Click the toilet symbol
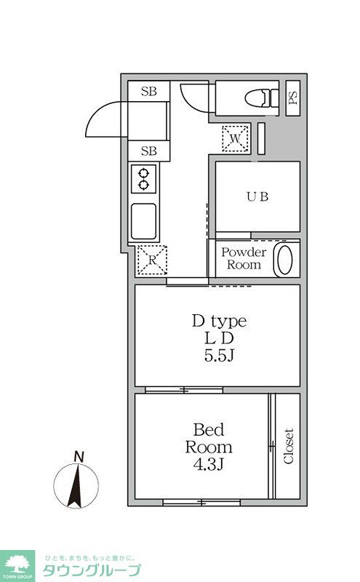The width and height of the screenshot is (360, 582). [262, 98]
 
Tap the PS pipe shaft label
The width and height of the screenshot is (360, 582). [293, 97]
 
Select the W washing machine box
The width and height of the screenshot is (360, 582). [236, 138]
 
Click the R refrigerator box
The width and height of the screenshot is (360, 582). [152, 260]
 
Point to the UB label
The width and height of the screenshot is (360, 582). [257, 196]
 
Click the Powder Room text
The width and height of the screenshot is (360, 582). [244, 258]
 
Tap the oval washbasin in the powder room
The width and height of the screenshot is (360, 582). [285, 260]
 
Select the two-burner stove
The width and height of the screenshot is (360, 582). [143, 179]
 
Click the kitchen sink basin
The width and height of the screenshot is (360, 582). [143, 221]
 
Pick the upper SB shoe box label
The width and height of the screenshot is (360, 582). [149, 91]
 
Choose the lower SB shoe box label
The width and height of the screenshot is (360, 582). [149, 151]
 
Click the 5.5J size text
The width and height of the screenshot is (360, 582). [219, 356]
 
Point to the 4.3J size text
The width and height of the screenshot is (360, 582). [208, 464]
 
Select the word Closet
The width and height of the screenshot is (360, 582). [289, 446]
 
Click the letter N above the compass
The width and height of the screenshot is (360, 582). [79, 457]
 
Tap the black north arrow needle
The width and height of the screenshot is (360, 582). [76, 487]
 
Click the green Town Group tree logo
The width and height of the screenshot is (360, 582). [17, 566]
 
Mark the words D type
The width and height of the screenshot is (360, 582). [220, 322]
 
